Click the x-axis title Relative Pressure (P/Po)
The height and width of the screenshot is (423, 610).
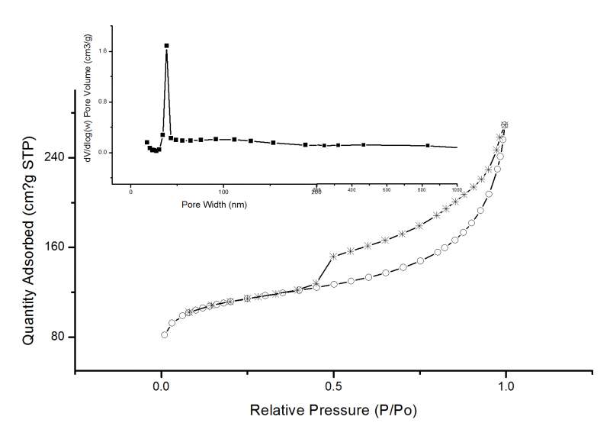(x=333, y=409)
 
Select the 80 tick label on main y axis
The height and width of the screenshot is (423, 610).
(x=56, y=337)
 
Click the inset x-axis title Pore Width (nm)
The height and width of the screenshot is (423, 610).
(x=214, y=205)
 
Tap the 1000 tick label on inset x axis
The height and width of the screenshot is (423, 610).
(x=456, y=189)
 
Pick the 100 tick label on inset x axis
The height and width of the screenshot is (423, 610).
(x=223, y=190)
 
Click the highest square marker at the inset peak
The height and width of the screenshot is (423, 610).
(x=166, y=46)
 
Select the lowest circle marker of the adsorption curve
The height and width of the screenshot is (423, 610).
(x=164, y=334)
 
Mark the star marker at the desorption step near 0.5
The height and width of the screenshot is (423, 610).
(x=333, y=256)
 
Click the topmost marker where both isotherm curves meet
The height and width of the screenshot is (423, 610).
(x=504, y=124)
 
